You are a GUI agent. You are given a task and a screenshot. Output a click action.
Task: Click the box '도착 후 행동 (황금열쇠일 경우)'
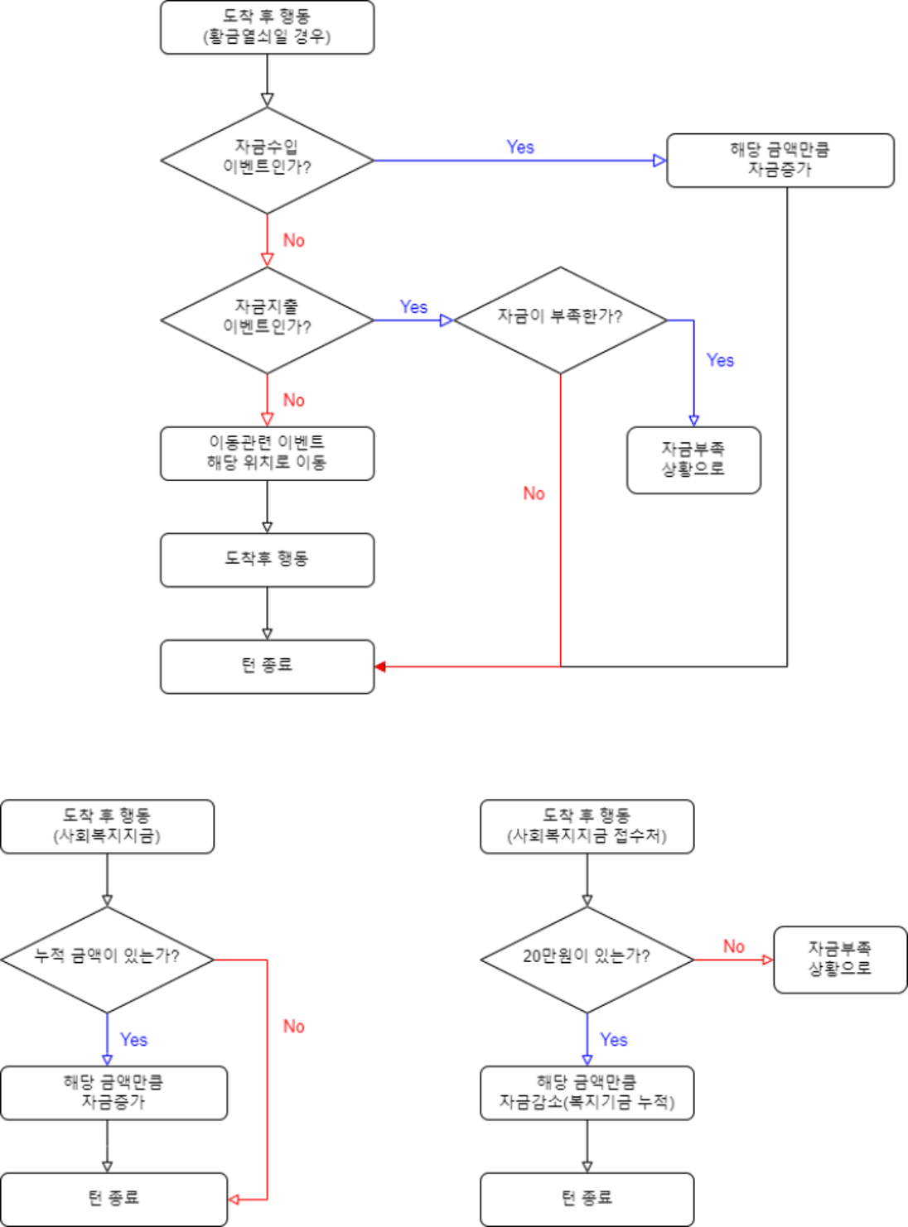(267, 27)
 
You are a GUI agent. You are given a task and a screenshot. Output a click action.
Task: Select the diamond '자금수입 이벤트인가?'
(267, 160)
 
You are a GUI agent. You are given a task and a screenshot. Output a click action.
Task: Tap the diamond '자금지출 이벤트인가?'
(267, 320)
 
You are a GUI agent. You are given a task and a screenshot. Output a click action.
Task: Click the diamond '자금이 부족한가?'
(560, 320)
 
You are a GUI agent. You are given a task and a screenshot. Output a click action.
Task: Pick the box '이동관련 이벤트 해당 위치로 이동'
(267, 453)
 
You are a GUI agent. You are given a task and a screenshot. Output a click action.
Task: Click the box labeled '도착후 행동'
(267, 560)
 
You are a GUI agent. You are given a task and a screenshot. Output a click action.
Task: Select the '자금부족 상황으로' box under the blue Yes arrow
(693, 460)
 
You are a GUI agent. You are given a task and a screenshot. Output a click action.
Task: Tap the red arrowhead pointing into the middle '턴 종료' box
(381, 666)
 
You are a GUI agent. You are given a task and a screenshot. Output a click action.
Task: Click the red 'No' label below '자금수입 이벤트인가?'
(293, 240)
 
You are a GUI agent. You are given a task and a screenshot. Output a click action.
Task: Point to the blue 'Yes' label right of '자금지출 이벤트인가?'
(413, 306)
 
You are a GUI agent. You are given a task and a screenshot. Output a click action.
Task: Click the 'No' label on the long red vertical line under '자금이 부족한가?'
(534, 493)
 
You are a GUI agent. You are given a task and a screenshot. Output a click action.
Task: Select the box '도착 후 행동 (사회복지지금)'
(107, 826)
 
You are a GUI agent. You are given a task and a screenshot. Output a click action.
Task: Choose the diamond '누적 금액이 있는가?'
(107, 959)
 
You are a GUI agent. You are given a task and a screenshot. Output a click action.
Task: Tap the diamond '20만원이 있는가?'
(587, 959)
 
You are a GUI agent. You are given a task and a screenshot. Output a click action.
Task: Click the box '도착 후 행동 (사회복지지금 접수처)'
(587, 826)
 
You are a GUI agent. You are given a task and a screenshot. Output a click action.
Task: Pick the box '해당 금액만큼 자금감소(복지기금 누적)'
(587, 1093)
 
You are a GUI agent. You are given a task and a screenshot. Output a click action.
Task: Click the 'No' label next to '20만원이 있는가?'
(733, 946)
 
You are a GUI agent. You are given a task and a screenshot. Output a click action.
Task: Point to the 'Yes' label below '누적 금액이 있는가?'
(133, 1039)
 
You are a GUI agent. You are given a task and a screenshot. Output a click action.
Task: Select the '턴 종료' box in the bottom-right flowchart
(587, 1199)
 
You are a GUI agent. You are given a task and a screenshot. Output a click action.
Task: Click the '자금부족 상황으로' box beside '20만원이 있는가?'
(840, 959)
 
